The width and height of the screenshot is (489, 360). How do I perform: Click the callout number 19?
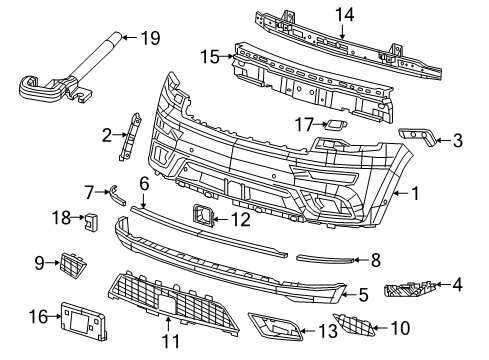pos(150,38)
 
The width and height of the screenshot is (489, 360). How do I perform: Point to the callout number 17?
pos(304,125)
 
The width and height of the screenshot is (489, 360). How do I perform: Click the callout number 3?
pos(456,141)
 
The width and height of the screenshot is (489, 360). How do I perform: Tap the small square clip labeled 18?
pos(91,219)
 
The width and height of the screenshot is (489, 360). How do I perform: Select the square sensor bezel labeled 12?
pos(202,215)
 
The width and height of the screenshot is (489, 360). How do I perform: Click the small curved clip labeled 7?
pos(117,194)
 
